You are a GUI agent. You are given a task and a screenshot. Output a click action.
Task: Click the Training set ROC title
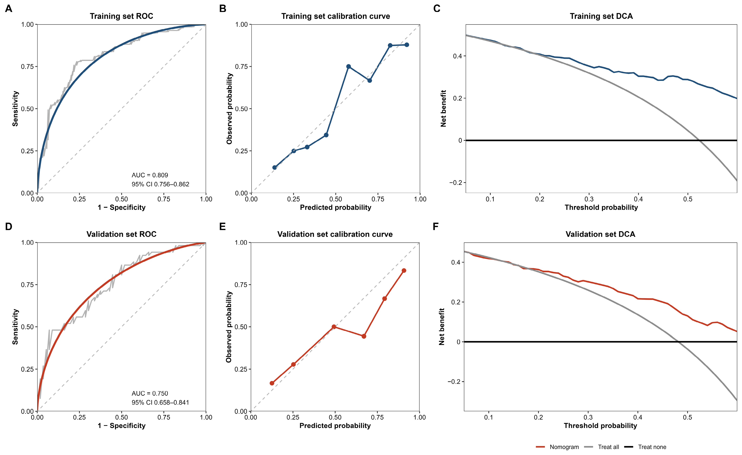[x=121, y=16]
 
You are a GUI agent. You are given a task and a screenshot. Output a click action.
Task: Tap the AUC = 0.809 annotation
[x=150, y=175]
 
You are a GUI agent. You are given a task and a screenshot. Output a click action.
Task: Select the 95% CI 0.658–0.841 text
[x=160, y=402]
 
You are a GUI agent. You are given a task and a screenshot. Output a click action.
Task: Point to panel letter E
[x=223, y=226]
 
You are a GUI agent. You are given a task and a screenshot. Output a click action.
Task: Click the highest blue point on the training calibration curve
[x=406, y=45]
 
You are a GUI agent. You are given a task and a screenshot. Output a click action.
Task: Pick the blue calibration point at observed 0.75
[x=348, y=67]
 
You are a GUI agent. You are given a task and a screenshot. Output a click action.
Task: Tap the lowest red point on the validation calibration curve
[x=272, y=383]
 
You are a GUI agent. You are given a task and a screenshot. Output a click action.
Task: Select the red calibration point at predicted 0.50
[x=334, y=327]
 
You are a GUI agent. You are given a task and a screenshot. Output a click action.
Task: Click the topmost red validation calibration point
[x=404, y=271]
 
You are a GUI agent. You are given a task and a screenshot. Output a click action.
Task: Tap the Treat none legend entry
[x=645, y=447]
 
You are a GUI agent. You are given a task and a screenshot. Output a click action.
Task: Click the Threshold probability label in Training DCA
[x=601, y=207]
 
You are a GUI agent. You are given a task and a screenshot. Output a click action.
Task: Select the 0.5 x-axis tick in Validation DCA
[x=687, y=417]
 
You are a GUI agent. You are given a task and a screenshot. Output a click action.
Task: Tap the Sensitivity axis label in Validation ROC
[x=15, y=327]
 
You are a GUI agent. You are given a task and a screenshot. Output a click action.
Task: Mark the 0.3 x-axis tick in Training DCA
[x=589, y=199]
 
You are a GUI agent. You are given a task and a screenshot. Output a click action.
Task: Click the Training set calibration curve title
[x=336, y=16]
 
